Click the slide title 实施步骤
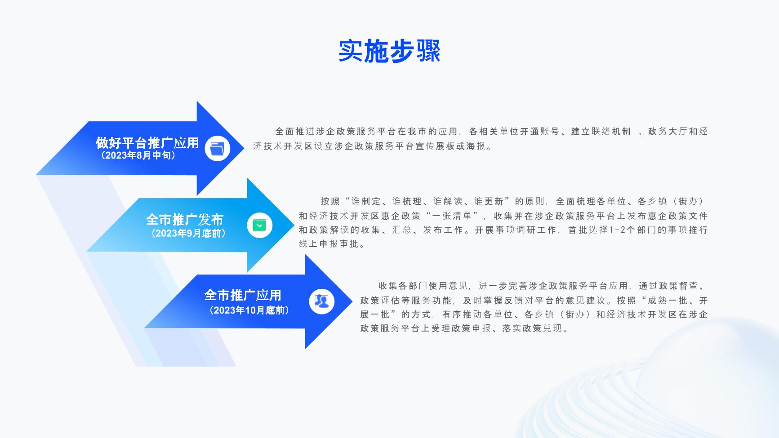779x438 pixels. pos(389,51)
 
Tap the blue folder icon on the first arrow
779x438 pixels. pos(217,148)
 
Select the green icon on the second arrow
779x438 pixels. pos(259,225)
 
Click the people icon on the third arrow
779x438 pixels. pos(321,301)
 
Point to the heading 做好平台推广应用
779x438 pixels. pos(147,143)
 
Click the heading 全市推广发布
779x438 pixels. pos(185,220)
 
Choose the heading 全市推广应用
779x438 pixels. pos(243,295)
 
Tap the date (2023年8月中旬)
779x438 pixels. pos(138,155)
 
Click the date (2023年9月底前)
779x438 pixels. pos(188,233)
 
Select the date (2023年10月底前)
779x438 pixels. pos(249,310)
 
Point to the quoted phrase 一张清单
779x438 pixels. pos(452,216)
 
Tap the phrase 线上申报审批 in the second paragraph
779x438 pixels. pos(329,244)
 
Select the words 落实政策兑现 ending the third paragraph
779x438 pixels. pos(532,328)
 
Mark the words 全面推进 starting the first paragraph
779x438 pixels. pos(290,132)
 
